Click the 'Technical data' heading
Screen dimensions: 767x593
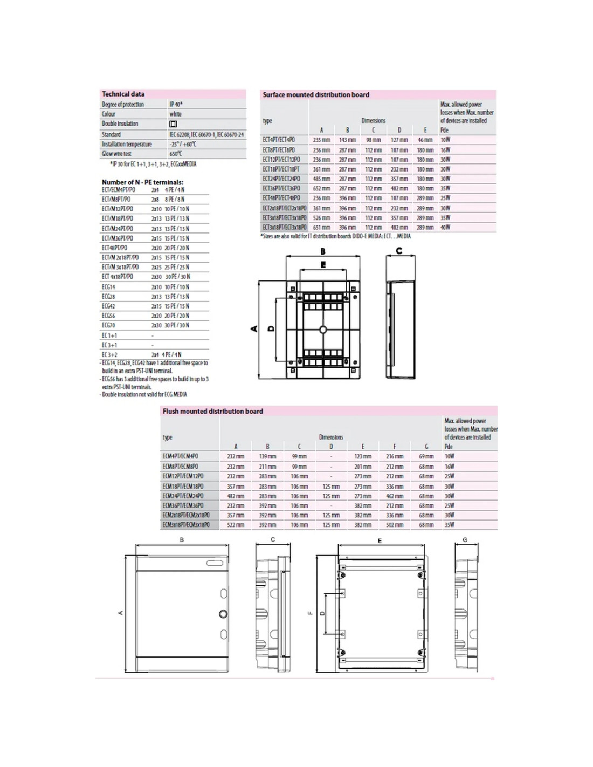123,94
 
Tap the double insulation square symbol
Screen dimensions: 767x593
173,124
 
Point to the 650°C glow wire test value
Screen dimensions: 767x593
175,154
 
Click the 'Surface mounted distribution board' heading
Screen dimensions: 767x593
316,95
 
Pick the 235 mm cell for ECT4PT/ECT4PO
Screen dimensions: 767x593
321,140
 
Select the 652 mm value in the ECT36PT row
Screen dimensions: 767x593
321,189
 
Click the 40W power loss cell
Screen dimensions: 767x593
445,228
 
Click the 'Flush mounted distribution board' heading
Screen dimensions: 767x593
213,412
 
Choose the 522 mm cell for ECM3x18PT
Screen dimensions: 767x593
236,525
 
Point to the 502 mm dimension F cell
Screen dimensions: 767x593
395,525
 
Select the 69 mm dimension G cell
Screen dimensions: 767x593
426,457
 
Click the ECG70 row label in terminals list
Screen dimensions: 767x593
108,325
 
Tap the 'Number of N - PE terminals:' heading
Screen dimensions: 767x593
142,182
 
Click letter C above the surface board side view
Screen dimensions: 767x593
399,250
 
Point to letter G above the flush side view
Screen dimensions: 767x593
465,540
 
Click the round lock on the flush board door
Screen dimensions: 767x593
223,614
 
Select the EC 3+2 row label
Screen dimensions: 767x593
109,354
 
